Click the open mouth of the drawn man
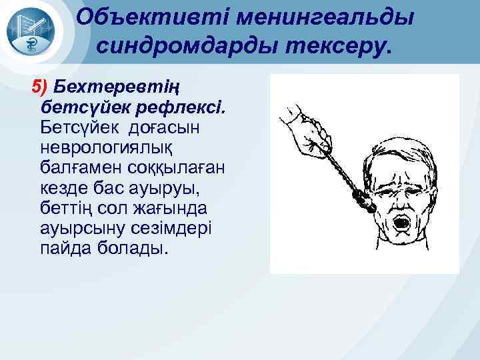[403, 221]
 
